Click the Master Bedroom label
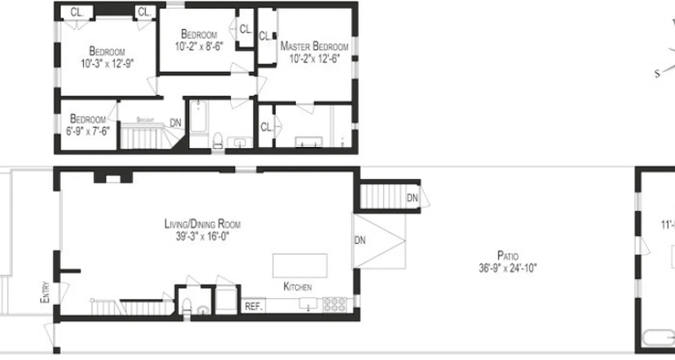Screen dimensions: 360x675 point(314,46)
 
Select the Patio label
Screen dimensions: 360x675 point(508,256)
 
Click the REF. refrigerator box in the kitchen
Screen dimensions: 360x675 point(253,306)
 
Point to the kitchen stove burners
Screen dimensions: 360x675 point(335,305)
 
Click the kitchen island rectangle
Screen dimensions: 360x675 point(300,266)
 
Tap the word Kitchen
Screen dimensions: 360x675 point(297,287)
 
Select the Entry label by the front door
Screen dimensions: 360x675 point(45,292)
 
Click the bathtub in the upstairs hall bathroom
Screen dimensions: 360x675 point(198,117)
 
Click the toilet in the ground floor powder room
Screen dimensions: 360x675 point(186,306)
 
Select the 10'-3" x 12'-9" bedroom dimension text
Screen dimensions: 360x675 point(107,64)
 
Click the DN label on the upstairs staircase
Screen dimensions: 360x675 point(175,123)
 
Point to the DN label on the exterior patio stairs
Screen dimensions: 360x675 point(412,198)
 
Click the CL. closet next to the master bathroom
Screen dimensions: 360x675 point(266,127)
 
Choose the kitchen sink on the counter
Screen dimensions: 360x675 point(308,304)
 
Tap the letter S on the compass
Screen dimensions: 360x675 point(657,74)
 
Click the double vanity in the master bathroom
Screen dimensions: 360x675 point(308,142)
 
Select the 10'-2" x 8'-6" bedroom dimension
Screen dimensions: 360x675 point(199,46)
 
